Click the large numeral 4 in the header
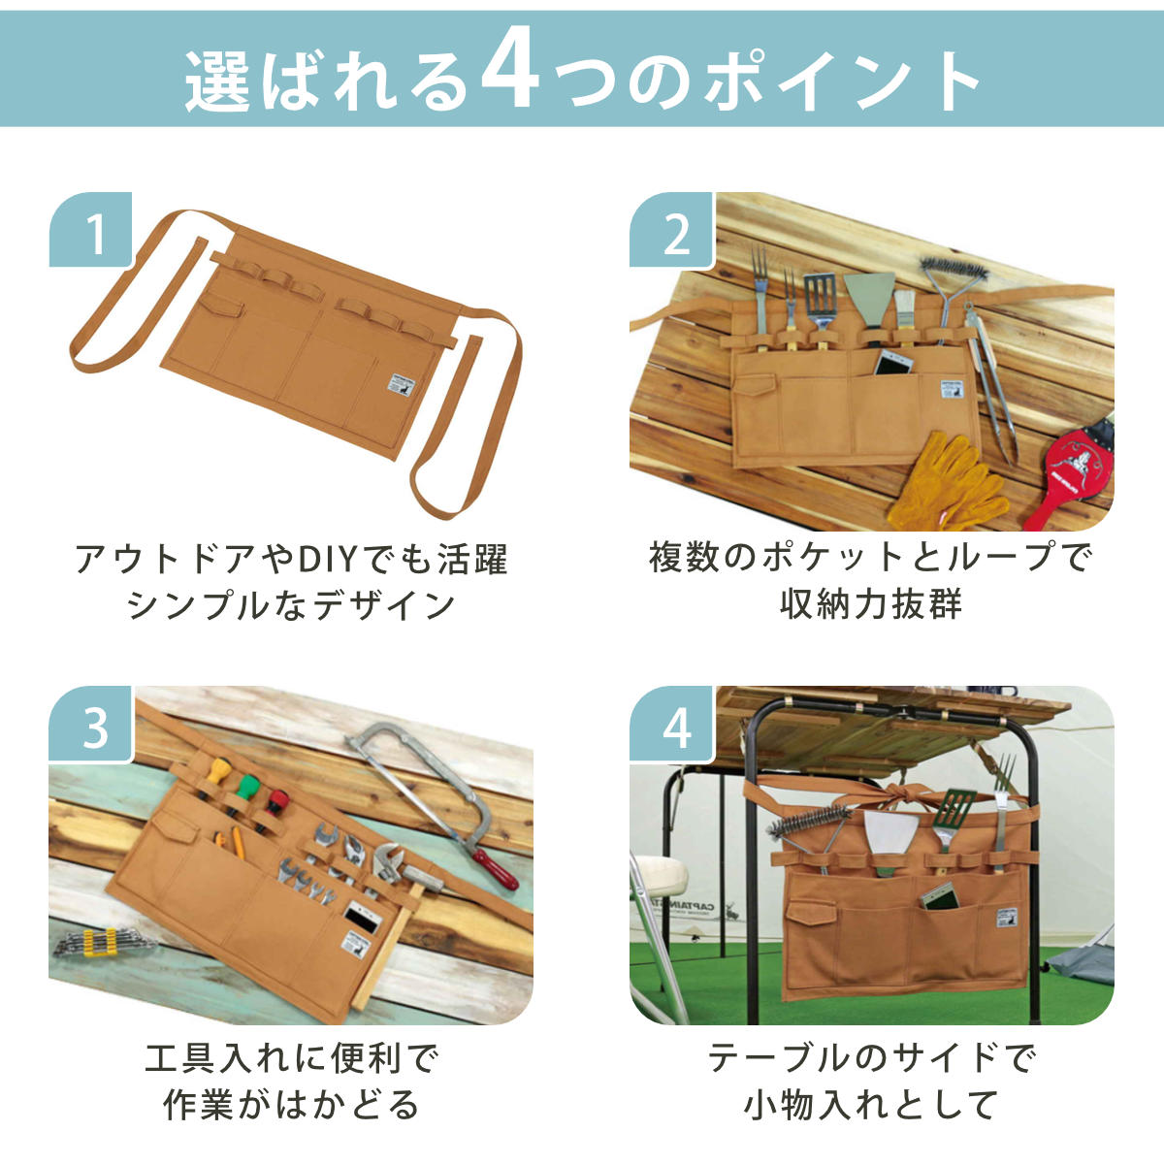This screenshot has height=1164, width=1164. click(x=511, y=76)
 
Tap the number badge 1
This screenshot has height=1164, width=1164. click(x=90, y=230)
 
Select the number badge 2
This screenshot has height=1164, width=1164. click(x=672, y=230)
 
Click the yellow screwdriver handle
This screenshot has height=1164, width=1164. click(x=218, y=771)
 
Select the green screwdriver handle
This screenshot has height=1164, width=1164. click(x=247, y=787)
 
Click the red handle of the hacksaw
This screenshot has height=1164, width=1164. click(x=495, y=869)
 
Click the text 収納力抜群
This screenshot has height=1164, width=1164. click(x=871, y=604)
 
